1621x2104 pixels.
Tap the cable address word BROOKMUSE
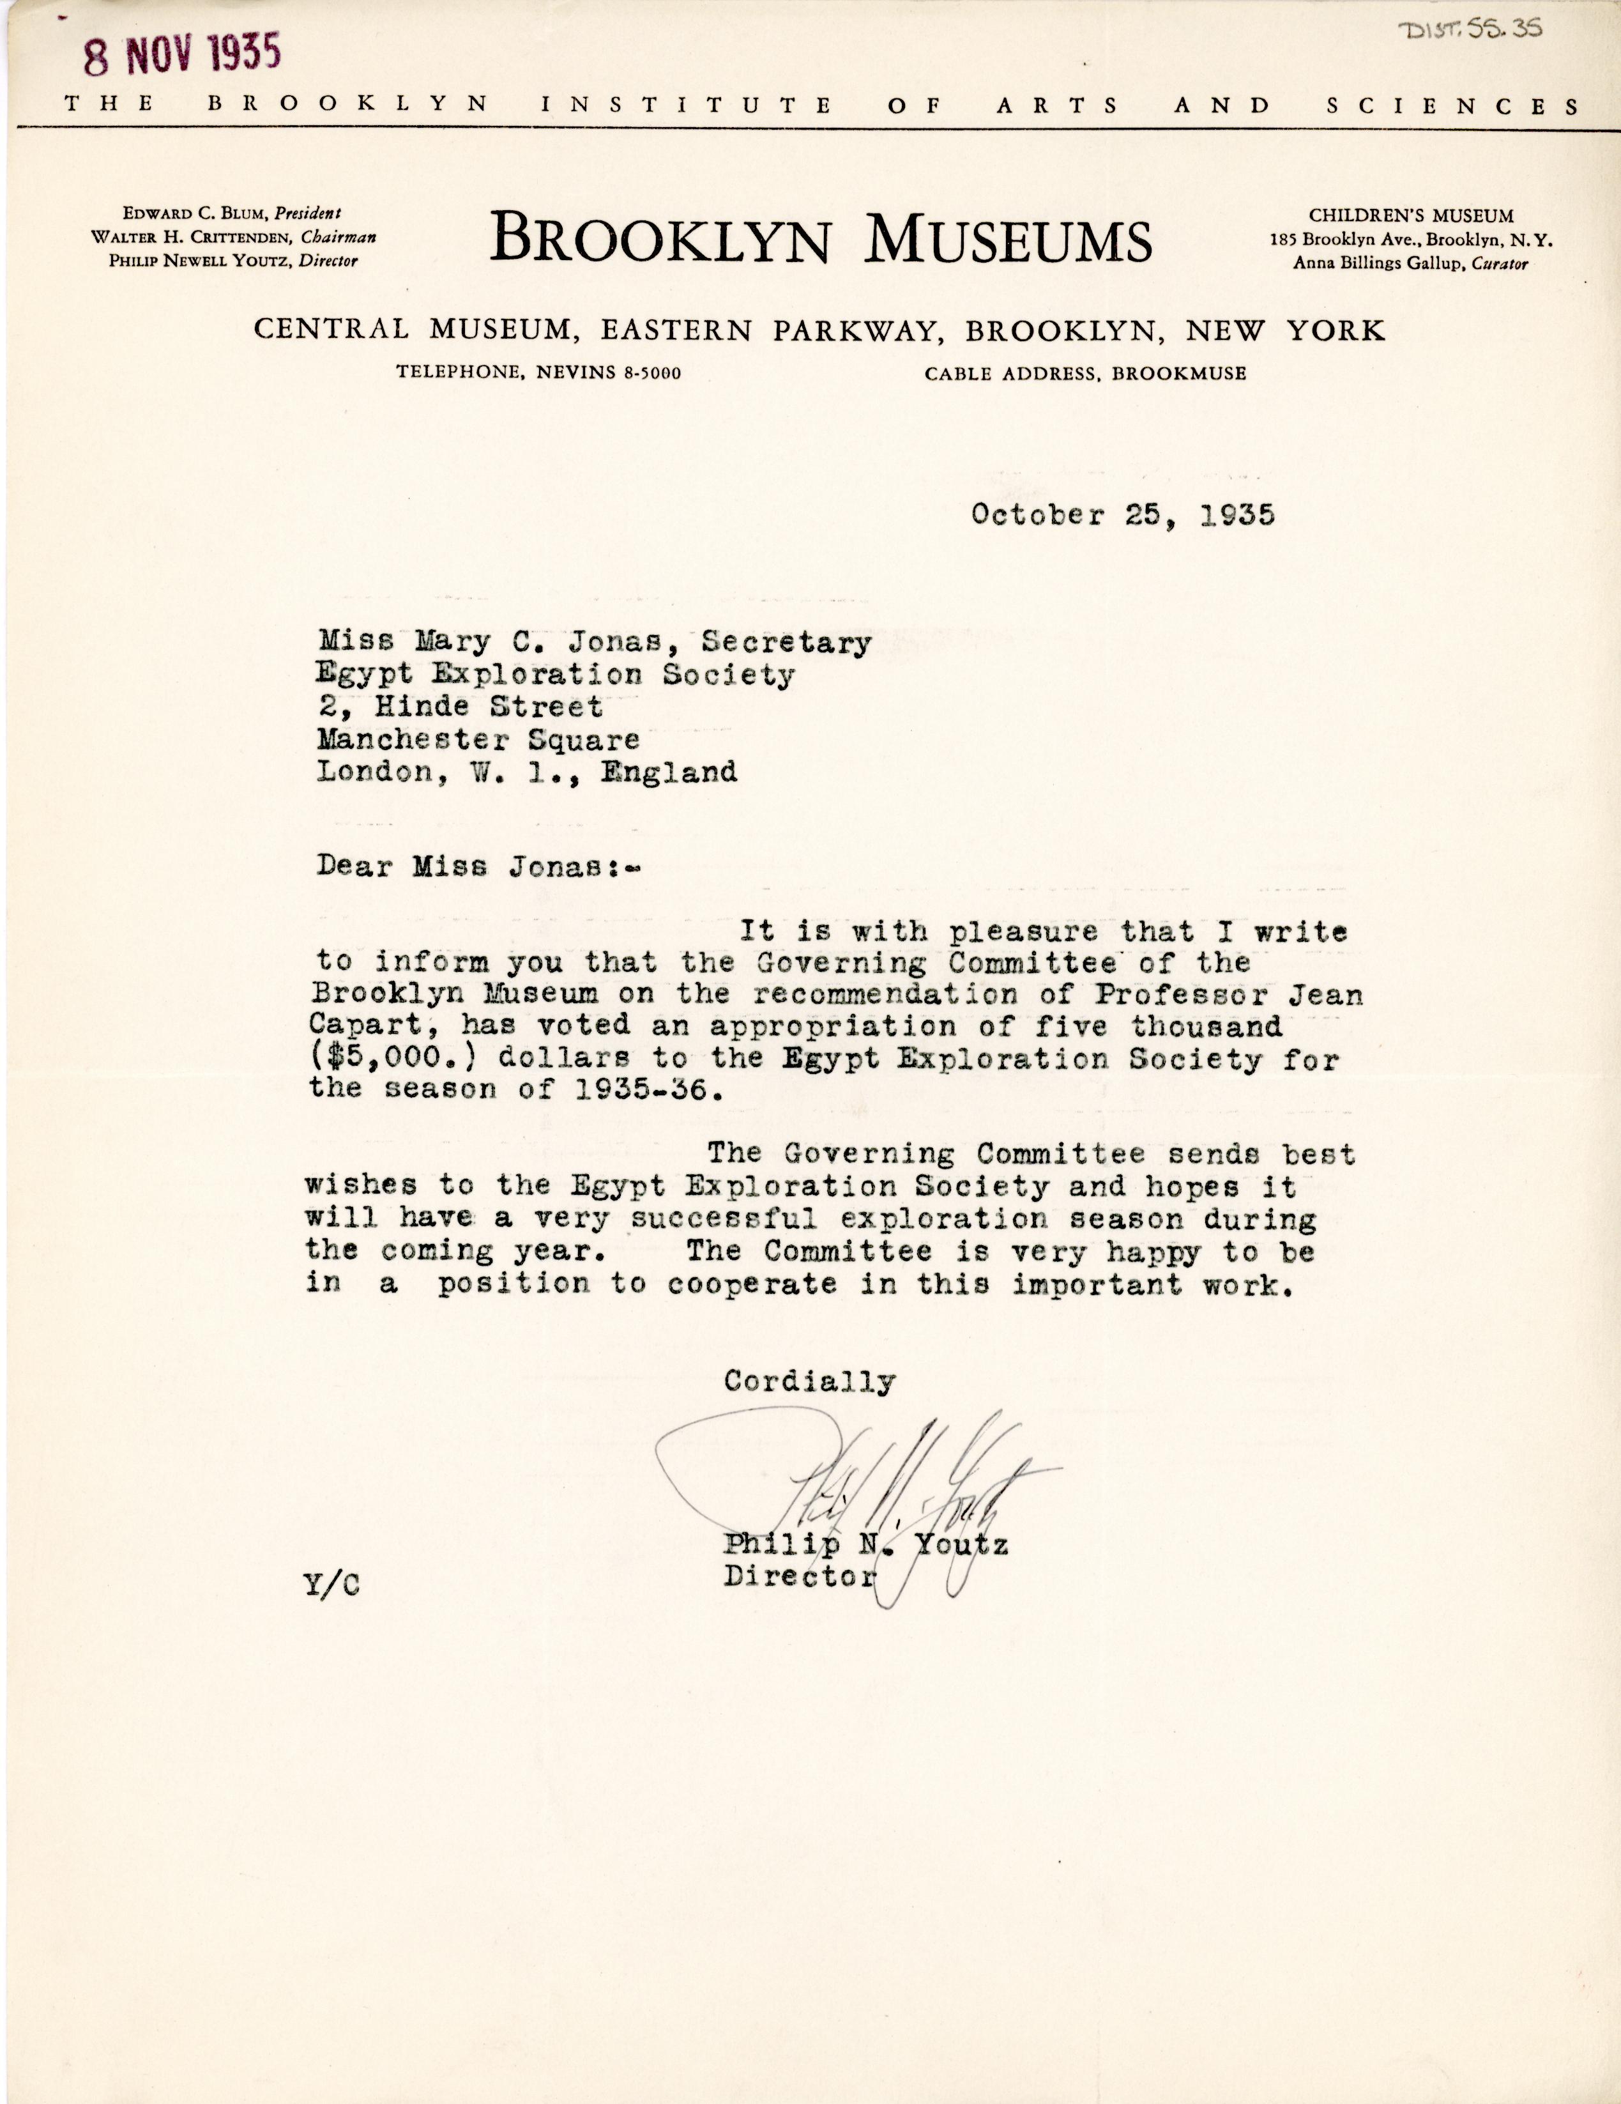[x=1179, y=374]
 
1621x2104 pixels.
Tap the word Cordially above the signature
[x=810, y=1381]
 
